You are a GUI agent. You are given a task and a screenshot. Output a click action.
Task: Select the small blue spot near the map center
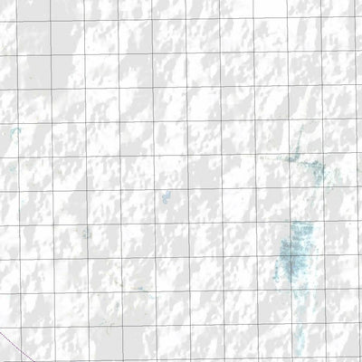165,197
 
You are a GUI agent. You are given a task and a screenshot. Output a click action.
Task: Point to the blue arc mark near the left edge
14,132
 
